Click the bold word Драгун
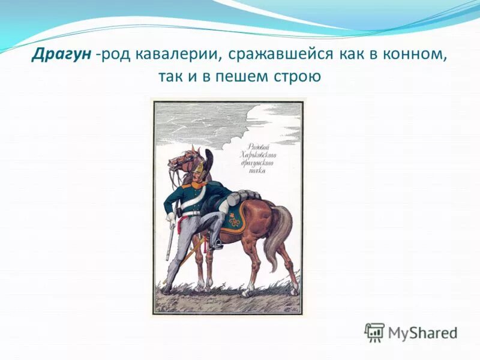click(x=62, y=55)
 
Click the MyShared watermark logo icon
click(x=374, y=331)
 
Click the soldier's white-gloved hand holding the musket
click(x=172, y=218)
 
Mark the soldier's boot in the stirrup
click(x=215, y=243)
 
